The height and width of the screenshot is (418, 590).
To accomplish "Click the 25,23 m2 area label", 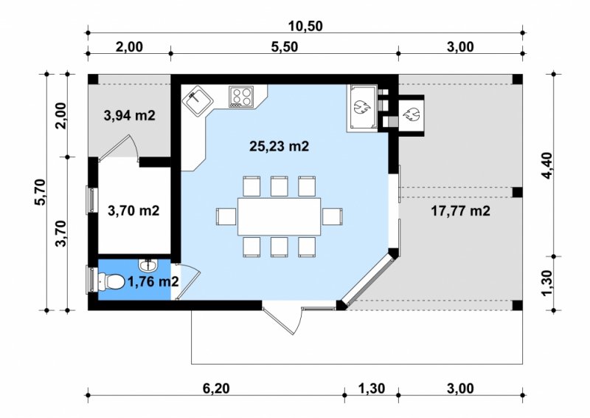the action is [280, 146].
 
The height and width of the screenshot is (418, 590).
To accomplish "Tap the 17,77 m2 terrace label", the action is [460, 210].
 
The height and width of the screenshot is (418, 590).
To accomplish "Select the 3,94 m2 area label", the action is [130, 116].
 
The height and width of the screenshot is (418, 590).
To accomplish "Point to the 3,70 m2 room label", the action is [133, 210].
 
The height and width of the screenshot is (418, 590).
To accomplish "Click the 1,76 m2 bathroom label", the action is [153, 281].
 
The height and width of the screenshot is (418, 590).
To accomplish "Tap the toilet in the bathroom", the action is [111, 281].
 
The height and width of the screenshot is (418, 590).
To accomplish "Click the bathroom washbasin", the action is [148, 265].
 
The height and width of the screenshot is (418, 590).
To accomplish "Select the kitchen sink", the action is [198, 100].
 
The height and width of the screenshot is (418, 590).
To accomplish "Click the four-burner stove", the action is [241, 97].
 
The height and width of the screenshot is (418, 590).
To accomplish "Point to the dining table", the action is [280, 216].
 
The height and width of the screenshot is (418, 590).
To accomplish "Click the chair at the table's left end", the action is [226, 216].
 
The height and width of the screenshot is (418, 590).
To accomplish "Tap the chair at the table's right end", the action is [333, 216].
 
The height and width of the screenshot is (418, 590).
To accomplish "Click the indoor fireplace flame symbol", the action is [362, 108].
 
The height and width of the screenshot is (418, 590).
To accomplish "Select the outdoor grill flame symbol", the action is [411, 114].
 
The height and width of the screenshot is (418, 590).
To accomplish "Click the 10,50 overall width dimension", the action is [305, 26].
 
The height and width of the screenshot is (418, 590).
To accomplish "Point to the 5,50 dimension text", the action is [285, 47].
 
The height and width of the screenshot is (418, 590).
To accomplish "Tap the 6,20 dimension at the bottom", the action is [216, 388].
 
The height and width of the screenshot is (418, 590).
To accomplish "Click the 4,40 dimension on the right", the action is [546, 166].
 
